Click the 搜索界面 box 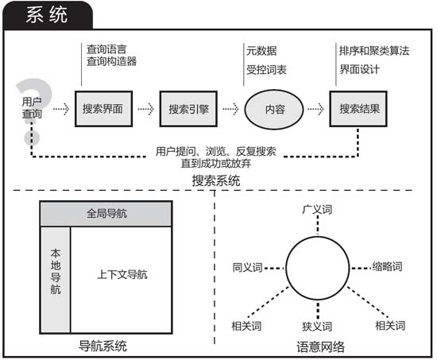pyautogui.click(x=103, y=109)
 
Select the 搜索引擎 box pyautogui.click(x=188, y=109)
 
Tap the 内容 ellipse pyautogui.click(x=274, y=110)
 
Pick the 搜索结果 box pyautogui.click(x=358, y=109)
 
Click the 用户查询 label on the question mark pyautogui.click(x=32, y=107)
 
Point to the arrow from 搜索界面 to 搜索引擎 pyautogui.click(x=145, y=109)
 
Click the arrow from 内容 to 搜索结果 pyautogui.click(x=315, y=109)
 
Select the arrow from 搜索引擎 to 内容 pyautogui.click(x=230, y=109)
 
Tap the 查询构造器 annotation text pyautogui.click(x=111, y=61)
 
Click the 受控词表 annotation pyautogui.click(x=266, y=70)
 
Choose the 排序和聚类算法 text pyautogui.click(x=374, y=51)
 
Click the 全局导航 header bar pyautogui.click(x=106, y=214)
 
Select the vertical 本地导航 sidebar pyautogui.click(x=56, y=280)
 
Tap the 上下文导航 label pyautogui.click(x=122, y=275)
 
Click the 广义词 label pyautogui.click(x=317, y=210)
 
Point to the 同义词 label pyautogui.click(x=247, y=268)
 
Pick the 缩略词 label pyautogui.click(x=388, y=266)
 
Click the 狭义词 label pyautogui.click(x=317, y=327)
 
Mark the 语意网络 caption pyautogui.click(x=320, y=347)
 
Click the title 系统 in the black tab pyautogui.click(x=47, y=15)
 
